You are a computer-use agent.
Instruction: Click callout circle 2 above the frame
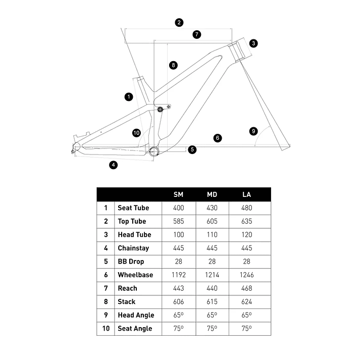click(179, 23)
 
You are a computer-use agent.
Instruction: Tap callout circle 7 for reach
click(197, 34)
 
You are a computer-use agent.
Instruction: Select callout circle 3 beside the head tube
click(253, 43)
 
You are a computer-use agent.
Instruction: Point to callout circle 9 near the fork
click(253, 131)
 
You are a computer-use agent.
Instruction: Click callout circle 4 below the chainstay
click(113, 165)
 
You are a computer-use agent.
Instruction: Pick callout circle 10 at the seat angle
click(136, 133)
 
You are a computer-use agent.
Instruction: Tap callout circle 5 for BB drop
click(192, 149)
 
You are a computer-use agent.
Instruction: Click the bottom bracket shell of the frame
click(153, 151)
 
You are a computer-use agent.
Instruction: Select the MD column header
click(212, 194)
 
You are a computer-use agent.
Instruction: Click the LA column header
click(246, 194)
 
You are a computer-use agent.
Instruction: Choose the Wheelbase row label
click(135, 275)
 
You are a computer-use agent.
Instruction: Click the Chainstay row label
click(133, 248)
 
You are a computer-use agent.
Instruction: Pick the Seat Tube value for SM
click(179, 208)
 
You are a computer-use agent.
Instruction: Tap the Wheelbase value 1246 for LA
click(246, 275)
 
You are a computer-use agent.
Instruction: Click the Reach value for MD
click(212, 288)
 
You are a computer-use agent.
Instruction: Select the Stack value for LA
click(246, 301)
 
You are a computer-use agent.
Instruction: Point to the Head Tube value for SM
click(179, 235)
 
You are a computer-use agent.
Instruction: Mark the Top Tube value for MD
click(212, 221)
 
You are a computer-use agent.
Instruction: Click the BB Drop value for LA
click(246, 262)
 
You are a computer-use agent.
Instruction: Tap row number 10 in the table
click(106, 329)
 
